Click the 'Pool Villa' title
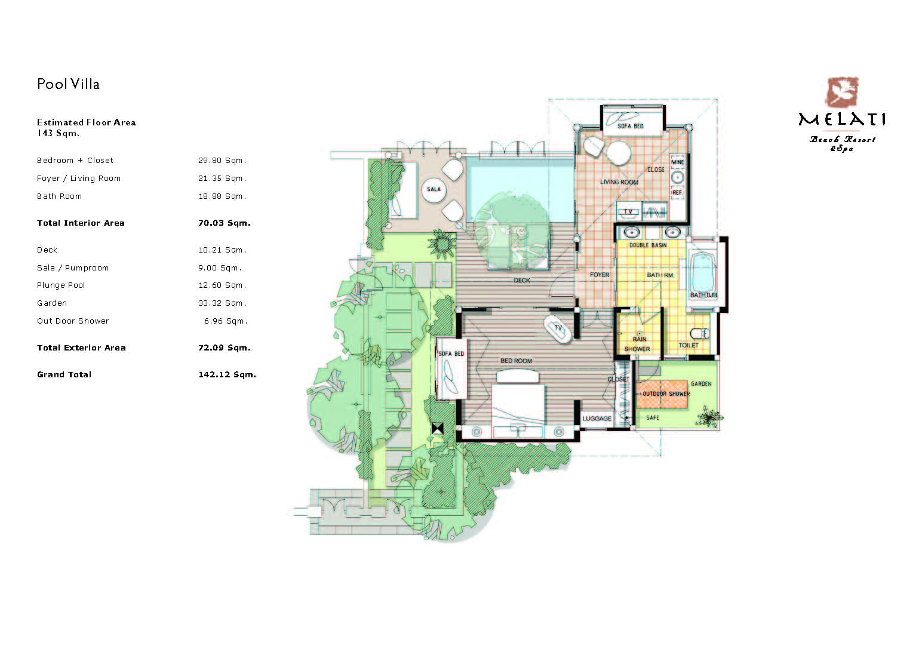[68, 84]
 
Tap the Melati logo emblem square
[842, 92]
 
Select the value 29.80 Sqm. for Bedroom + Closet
[222, 161]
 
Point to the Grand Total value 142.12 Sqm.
[227, 374]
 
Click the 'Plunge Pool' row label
[61, 285]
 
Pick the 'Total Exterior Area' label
[81, 348]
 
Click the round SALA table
[434, 189]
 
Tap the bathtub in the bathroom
[703, 273]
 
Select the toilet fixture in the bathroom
[699, 333]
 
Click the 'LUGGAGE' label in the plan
[597, 419]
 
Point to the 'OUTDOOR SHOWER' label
[666, 393]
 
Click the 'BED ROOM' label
[516, 361]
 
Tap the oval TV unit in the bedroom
[558, 329]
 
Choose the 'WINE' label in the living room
[678, 162]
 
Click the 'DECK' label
[522, 280]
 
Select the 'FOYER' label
[600, 275]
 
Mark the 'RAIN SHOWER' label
[638, 344]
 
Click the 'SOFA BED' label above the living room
[630, 126]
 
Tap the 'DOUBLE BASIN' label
[648, 245]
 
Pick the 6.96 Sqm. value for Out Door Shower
[226, 321]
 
